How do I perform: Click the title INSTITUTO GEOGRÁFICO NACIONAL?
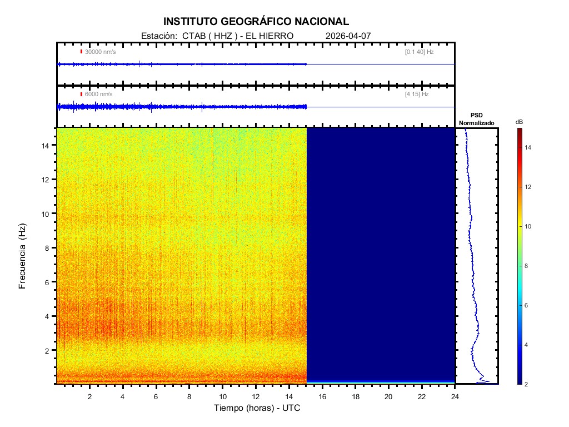[256, 22]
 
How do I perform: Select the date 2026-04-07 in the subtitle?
[348, 36]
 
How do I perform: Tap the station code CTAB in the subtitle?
[191, 36]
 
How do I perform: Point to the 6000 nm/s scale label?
[99, 95]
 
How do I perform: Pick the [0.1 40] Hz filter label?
[419, 52]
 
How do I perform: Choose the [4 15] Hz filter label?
[417, 95]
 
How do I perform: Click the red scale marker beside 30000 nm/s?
[81, 52]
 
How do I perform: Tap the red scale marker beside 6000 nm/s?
[81, 95]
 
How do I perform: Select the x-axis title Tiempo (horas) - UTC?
[258, 408]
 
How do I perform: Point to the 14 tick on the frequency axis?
[47, 145]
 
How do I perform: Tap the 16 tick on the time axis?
[322, 396]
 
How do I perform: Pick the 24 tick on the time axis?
[455, 396]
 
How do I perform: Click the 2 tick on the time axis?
[89, 396]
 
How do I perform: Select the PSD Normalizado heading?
[476, 119]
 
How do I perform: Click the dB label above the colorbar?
[519, 122]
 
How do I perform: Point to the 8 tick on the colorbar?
[528, 266]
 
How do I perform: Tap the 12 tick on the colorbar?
[530, 187]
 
